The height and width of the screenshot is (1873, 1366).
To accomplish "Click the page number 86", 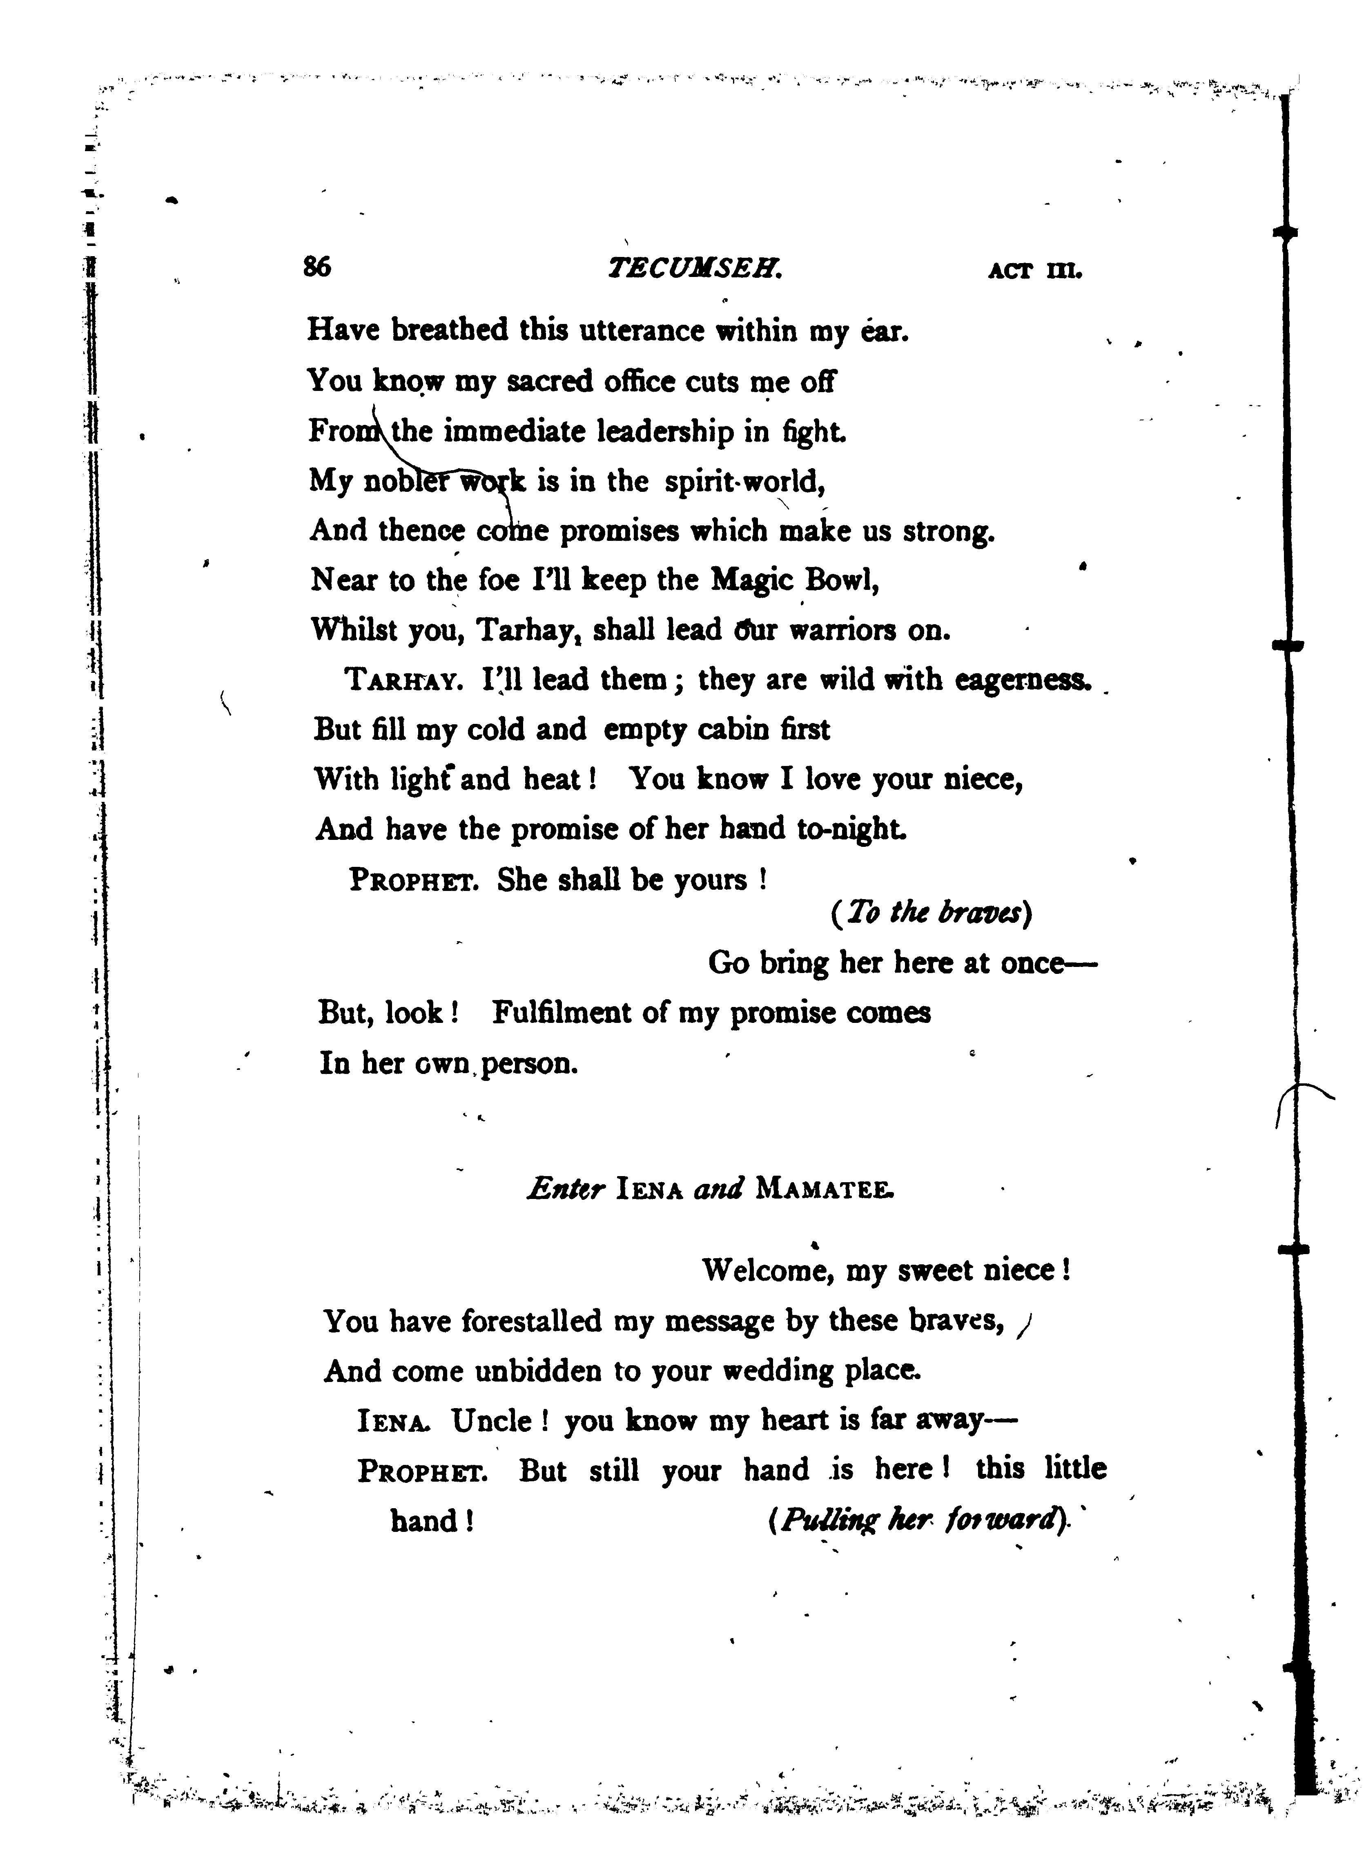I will [x=317, y=267].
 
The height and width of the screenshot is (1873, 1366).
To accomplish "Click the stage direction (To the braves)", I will [x=930, y=913].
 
